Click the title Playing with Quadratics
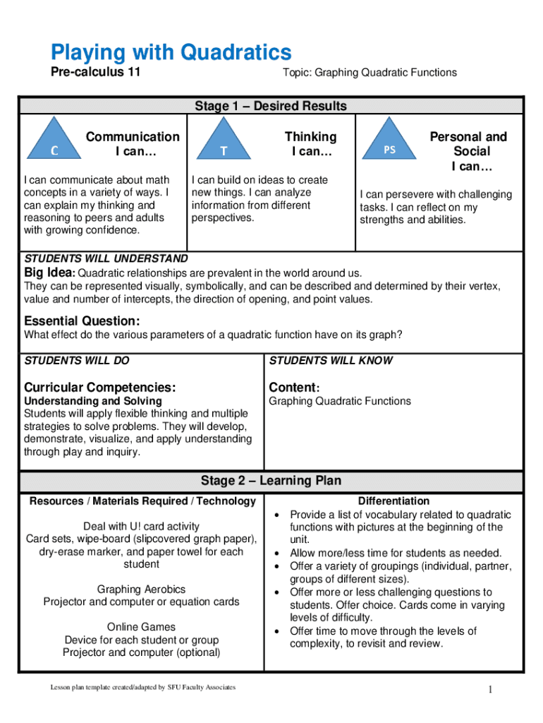(170, 52)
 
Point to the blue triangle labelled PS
(389, 143)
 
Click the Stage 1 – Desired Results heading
(271, 106)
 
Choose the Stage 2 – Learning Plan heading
(271, 481)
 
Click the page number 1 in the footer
(488, 690)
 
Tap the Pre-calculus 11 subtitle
(95, 73)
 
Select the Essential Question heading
(82, 320)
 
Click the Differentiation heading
(393, 501)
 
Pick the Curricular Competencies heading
(99, 387)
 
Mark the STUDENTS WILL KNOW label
(331, 361)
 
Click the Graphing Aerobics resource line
(141, 590)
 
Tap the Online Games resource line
(141, 627)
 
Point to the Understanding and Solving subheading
(93, 401)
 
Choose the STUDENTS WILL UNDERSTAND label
(106, 259)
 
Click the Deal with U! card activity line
(141, 526)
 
